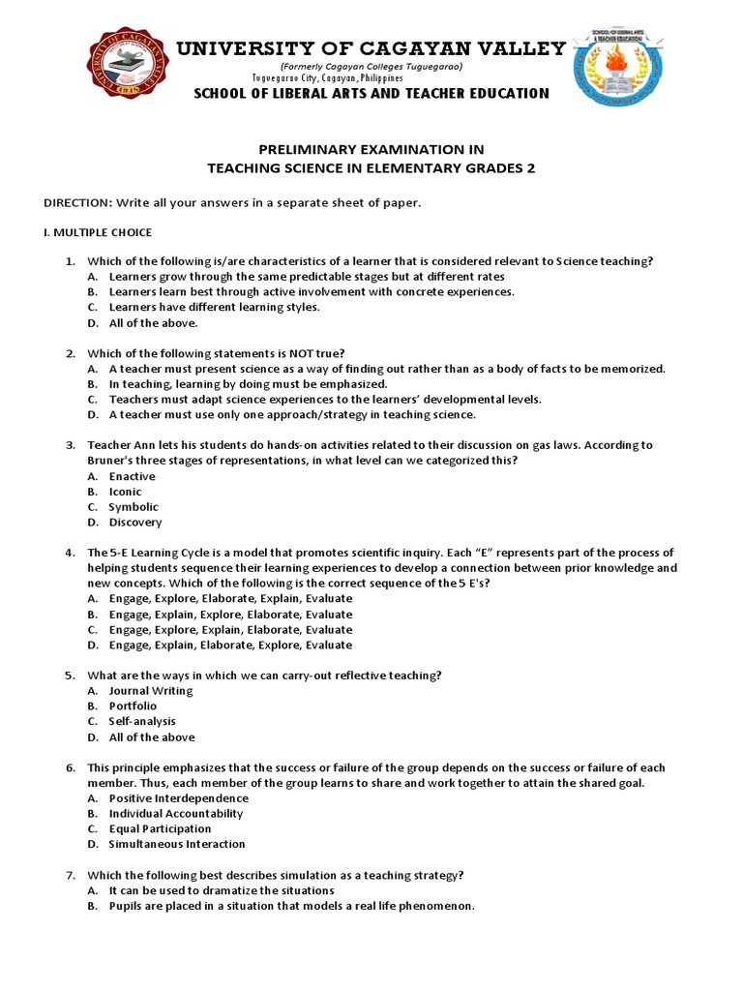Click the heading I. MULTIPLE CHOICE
click(99, 232)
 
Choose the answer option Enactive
click(132, 476)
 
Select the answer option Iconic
click(125, 492)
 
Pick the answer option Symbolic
click(134, 507)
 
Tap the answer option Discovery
click(135, 523)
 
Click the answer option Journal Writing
click(150, 691)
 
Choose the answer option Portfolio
click(133, 706)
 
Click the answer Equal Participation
click(160, 828)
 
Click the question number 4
click(70, 553)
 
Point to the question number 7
click(70, 875)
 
